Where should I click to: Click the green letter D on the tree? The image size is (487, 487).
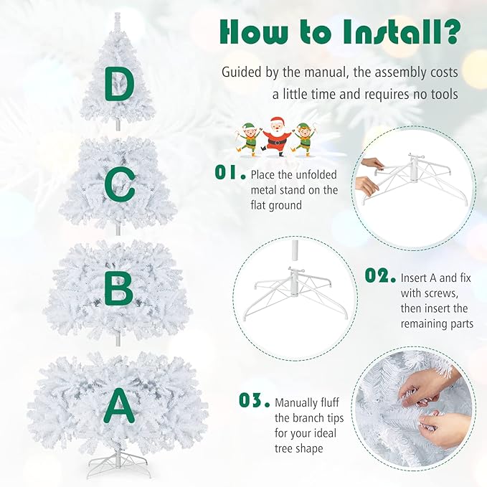pyautogui.click(x=119, y=85)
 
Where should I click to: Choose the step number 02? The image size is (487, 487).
pyautogui.click(x=380, y=275)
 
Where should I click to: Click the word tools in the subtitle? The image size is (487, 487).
pyautogui.click(x=445, y=94)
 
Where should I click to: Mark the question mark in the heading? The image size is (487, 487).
pyautogui.click(x=453, y=33)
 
